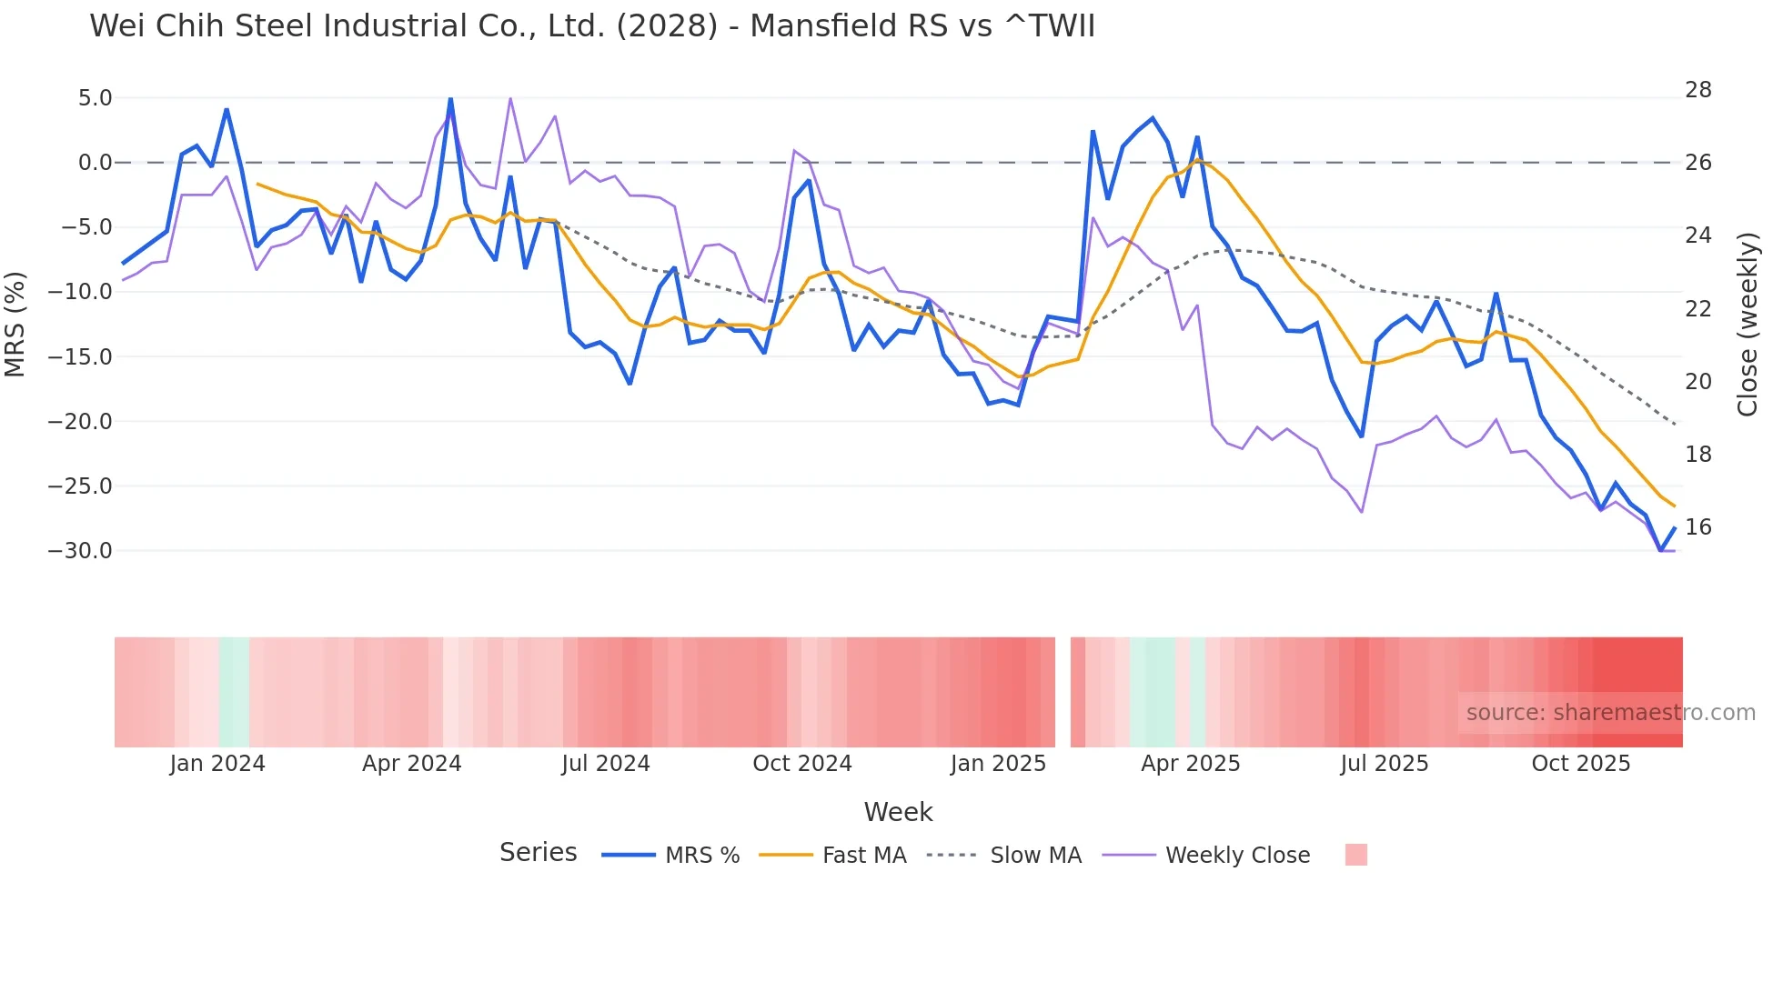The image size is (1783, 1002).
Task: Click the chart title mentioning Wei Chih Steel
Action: pyautogui.click(x=592, y=26)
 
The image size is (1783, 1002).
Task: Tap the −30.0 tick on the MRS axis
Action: pyautogui.click(x=80, y=551)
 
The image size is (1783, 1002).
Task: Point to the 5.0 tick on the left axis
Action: pyautogui.click(x=95, y=98)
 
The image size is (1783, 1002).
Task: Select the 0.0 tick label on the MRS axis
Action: pyautogui.click(x=95, y=163)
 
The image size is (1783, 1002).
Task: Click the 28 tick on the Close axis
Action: pyautogui.click(x=1697, y=90)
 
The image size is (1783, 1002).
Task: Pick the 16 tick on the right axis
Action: pyautogui.click(x=1697, y=527)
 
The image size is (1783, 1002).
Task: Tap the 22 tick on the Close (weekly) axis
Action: pyautogui.click(x=1697, y=309)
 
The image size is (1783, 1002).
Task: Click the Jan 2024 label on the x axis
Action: pyautogui.click(x=217, y=764)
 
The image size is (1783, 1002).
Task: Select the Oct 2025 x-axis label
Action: pyautogui.click(x=1580, y=764)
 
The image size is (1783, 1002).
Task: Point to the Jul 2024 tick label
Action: pyautogui.click(x=605, y=764)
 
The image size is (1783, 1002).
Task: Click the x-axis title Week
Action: pyautogui.click(x=898, y=812)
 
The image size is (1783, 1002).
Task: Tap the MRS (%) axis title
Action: pyautogui.click(x=15, y=324)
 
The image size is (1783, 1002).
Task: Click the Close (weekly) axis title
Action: pyautogui.click(x=1747, y=324)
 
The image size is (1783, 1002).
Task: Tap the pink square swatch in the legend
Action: pyautogui.click(x=1355, y=855)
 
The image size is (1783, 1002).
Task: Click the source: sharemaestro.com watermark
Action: pyautogui.click(x=1610, y=713)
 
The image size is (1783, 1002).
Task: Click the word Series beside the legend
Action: pyautogui.click(x=538, y=853)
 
